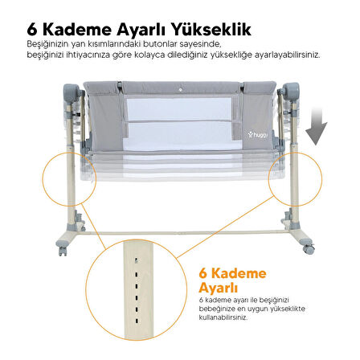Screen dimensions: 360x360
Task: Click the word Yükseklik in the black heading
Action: pos(211,30)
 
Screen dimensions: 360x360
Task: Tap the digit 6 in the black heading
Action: pos(32,30)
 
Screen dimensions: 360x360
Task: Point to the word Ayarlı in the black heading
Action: pos(141,31)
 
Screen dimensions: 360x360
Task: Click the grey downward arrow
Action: pos(317,125)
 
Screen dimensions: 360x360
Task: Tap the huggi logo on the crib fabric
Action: pos(257,135)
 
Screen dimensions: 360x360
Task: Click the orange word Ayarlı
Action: pos(218,288)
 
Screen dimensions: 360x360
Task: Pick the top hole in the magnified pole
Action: pos(137,260)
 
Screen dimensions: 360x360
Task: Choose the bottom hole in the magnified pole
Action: pos(137,321)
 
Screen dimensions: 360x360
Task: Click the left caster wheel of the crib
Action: pos(63,251)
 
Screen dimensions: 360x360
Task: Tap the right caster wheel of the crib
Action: pos(309,249)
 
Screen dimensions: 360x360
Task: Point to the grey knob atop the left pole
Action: pos(72,92)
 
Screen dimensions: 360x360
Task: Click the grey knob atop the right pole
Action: pos(291,91)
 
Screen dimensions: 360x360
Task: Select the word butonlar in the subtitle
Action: pos(159,44)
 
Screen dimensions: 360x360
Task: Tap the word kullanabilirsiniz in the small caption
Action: pos(223,317)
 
